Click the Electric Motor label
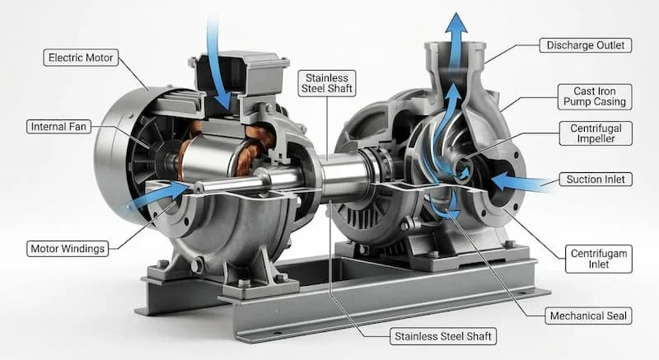coord(81,58)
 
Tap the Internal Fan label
coord(58,126)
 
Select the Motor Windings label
coord(68,249)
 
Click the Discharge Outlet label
coord(586,45)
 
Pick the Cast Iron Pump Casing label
coord(595,96)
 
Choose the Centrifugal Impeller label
coord(596,133)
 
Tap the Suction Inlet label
coord(596,180)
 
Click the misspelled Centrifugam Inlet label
coord(599,259)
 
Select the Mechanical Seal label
coord(588,316)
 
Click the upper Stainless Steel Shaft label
coord(327,83)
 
